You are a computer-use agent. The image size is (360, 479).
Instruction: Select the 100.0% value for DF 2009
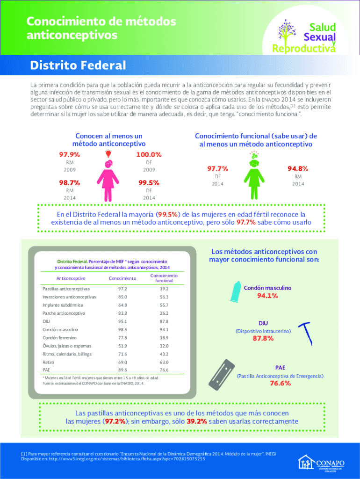tap(149, 154)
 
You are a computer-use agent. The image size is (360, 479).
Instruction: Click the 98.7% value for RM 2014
tap(69, 183)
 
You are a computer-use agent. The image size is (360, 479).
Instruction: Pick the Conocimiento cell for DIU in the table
tap(123, 321)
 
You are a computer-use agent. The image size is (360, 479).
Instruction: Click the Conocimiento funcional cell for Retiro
tap(164, 362)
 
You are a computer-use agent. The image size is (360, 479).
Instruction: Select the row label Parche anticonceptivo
tap(64, 313)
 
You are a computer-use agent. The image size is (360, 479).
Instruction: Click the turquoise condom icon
tap(236, 292)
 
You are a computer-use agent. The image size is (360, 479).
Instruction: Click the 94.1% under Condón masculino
tap(267, 296)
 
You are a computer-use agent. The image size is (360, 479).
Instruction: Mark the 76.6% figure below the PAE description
tap(280, 384)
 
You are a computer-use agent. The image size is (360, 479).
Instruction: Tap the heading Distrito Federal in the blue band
tap(78, 65)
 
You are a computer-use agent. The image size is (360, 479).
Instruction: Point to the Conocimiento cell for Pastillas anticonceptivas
tap(123, 289)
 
